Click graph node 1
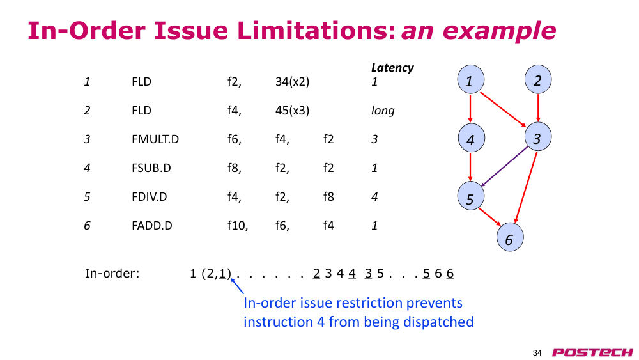coord(471,79)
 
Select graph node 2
coord(538,79)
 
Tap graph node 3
coord(538,137)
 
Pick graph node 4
coord(471,138)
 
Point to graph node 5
coord(471,196)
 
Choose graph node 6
coord(510,237)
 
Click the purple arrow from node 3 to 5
coord(504,166)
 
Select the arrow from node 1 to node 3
coord(504,110)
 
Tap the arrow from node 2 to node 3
coord(538,107)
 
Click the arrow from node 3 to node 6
coord(526,187)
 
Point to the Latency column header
coord(392,68)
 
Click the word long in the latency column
coord(383,111)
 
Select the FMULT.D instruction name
coord(155,139)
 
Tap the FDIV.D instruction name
coord(149,196)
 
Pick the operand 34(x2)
coord(292,82)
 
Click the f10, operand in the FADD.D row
coord(238,226)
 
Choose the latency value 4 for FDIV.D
coord(374,196)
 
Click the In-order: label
coord(112,273)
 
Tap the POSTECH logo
coord(592,352)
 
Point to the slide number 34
coord(537,353)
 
